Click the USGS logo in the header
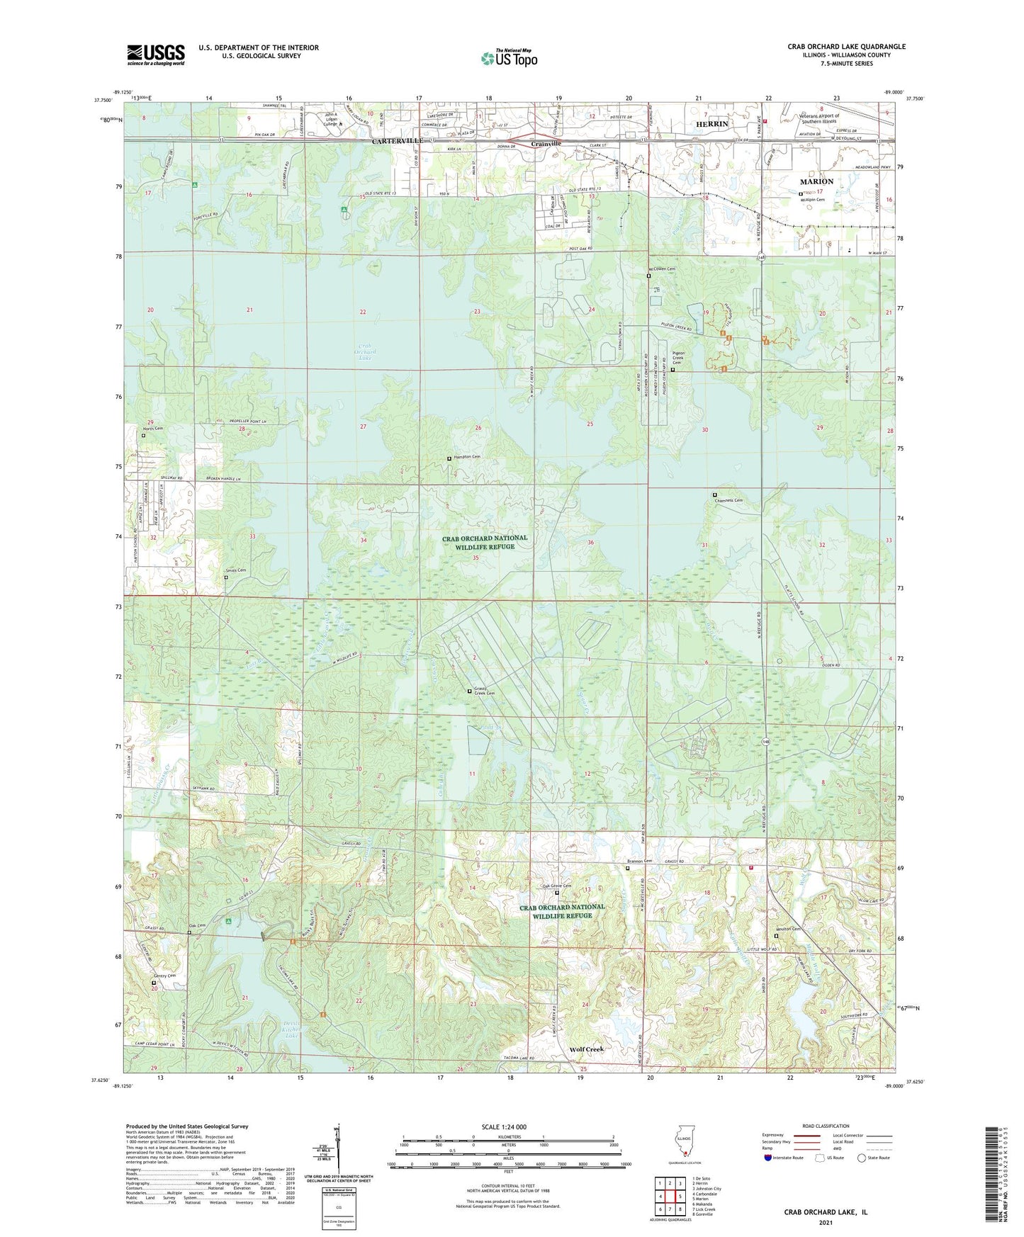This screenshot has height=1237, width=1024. point(156,55)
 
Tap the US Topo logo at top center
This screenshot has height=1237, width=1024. point(509,58)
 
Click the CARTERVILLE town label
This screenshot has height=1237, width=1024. point(398,141)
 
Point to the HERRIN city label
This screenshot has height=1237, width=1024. point(711,124)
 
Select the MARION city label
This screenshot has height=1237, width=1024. point(816,181)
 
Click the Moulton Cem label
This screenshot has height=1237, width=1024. point(791,929)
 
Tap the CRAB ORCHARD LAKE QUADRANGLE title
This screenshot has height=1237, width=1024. point(846,47)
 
